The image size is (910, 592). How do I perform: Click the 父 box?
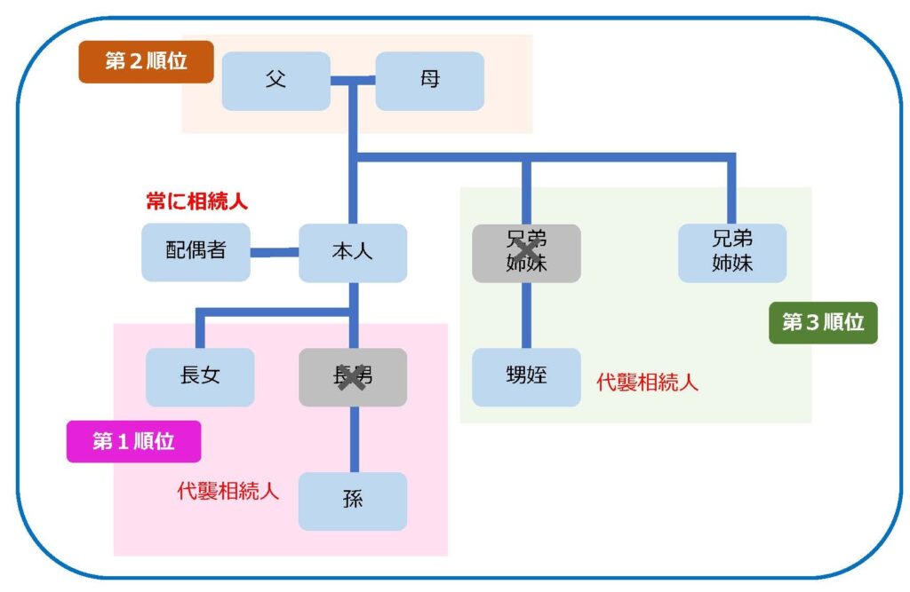[275, 81]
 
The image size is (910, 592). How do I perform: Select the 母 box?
[429, 81]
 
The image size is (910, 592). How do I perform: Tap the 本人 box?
[352, 253]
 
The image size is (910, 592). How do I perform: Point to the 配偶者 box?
[196, 252]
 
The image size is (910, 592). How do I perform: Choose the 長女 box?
[200, 377]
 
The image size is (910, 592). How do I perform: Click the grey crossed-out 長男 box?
[352, 377]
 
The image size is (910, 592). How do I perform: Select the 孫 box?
[352, 501]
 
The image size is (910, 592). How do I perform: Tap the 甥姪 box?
[526, 377]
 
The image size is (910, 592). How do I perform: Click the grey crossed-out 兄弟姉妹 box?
[526, 253]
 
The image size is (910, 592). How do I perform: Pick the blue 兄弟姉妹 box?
[731, 253]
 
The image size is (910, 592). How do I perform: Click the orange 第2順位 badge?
[146, 62]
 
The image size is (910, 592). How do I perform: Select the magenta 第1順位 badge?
[133, 441]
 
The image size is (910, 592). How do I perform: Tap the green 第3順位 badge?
[823, 323]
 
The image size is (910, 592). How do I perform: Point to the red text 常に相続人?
[196, 201]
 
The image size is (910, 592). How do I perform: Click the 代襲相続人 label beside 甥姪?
[647, 383]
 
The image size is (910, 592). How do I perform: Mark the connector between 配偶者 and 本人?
[274, 253]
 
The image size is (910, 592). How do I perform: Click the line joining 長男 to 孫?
[353, 439]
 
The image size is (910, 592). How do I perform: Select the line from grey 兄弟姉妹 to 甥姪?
[526, 315]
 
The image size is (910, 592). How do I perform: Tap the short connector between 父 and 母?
[353, 82]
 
